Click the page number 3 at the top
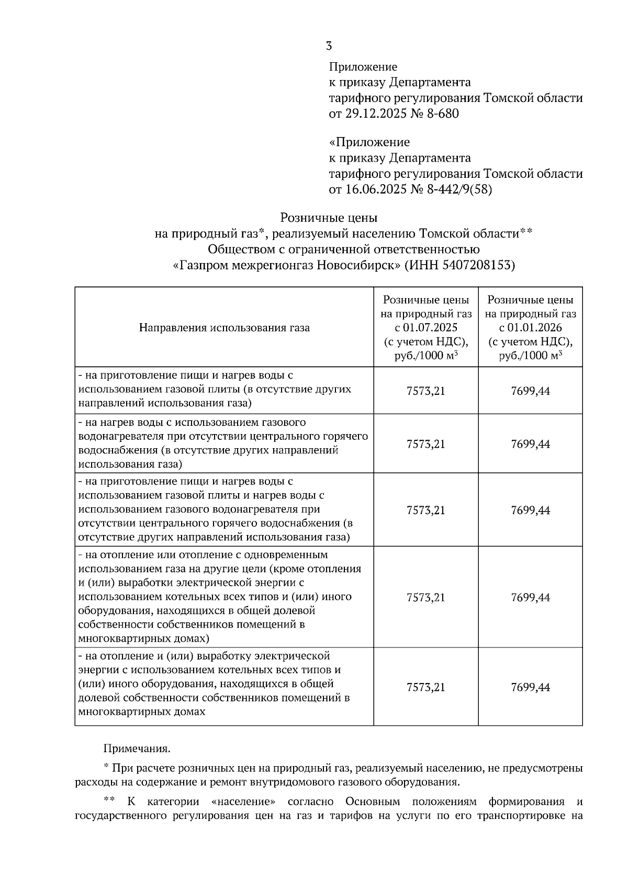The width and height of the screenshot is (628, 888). tap(329, 46)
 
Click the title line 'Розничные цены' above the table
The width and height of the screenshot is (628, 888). tap(329, 217)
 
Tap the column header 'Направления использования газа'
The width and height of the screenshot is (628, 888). tap(224, 328)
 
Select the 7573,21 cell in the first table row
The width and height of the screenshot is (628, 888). tap(425, 391)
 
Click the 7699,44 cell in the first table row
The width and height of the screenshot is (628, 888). tap(530, 391)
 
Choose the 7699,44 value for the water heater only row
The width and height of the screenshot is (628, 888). tap(530, 444)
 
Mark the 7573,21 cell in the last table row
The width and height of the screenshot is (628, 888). tap(425, 687)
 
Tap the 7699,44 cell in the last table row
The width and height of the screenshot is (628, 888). tap(530, 687)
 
